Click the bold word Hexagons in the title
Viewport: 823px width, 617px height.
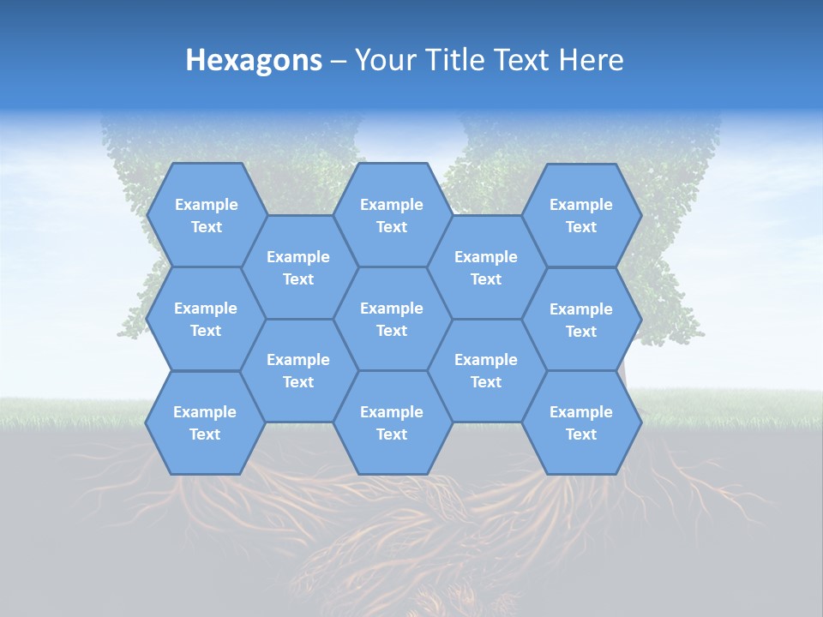pos(254,60)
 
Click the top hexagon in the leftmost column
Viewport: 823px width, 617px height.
pos(206,215)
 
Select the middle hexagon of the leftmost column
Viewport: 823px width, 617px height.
pos(206,319)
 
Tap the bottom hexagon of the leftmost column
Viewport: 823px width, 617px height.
pos(205,422)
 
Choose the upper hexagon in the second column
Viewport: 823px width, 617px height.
pos(298,267)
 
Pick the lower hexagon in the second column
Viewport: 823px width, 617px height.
pos(298,370)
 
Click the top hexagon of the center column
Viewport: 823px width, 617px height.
pos(392,215)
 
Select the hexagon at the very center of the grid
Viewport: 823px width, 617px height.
pos(392,319)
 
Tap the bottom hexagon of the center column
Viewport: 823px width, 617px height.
pos(392,422)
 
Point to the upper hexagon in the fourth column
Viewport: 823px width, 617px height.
pos(486,267)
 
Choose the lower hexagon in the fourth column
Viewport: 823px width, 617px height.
pos(486,370)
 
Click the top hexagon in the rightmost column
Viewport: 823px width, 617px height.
pos(581,215)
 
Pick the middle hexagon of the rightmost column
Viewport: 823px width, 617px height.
pos(581,320)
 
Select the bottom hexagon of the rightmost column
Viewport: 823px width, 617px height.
pos(581,422)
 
